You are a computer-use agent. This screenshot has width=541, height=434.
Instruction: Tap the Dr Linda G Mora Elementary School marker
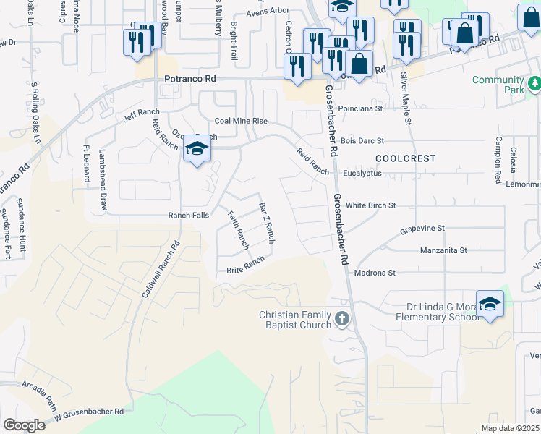490,305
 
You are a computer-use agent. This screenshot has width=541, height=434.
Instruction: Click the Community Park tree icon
534,84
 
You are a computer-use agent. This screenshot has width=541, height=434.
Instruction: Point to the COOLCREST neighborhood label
405,158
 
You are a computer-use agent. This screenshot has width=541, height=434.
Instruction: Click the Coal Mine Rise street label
241,121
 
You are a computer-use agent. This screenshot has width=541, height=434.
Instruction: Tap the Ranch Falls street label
188,216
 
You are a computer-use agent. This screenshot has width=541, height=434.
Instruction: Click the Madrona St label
375,273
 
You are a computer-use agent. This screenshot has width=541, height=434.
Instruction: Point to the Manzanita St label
444,250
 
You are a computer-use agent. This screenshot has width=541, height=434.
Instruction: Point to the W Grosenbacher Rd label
90,412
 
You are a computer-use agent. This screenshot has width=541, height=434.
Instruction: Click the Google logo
23,425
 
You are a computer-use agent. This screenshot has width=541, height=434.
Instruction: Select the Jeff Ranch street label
141,113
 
